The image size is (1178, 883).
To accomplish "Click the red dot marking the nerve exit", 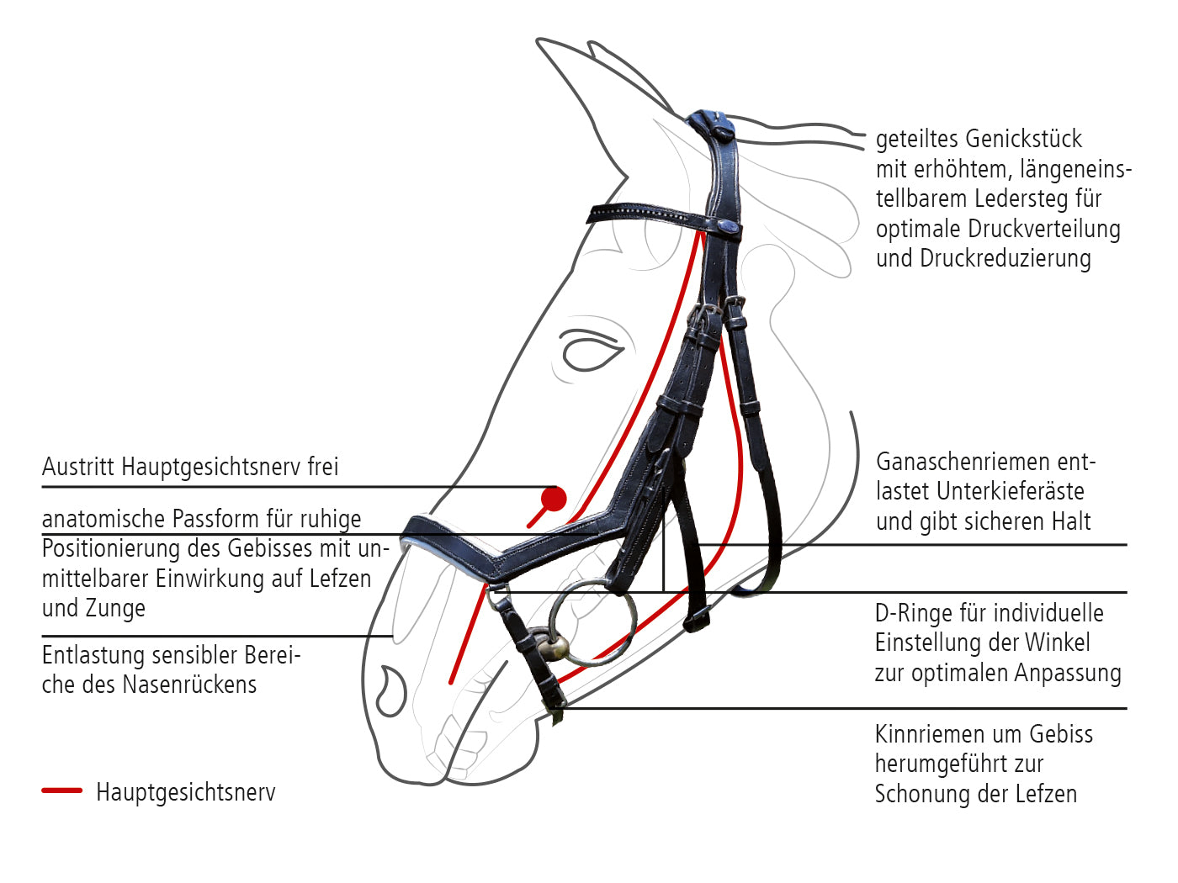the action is point(554,499).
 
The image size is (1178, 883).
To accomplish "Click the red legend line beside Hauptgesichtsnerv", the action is point(61,790).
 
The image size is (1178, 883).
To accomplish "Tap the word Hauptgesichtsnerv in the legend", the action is point(186,792).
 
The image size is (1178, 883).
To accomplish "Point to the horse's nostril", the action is point(391,691).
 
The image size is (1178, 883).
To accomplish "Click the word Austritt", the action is point(78,467).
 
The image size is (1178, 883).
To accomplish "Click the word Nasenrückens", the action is point(189,685).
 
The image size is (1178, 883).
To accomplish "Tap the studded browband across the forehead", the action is point(663,217).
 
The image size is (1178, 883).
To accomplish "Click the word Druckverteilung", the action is point(1044,230).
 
